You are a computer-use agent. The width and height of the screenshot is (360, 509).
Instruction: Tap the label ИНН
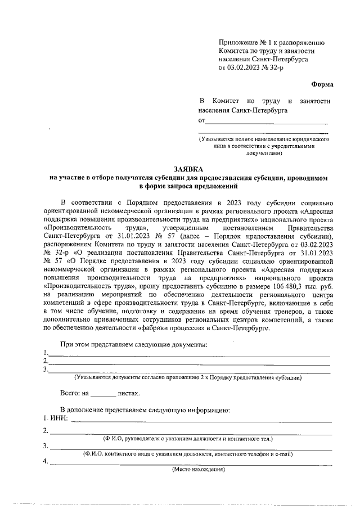[58, 419]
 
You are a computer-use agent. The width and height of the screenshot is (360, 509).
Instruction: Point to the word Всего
[71, 394]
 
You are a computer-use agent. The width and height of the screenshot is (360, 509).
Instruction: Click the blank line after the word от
[267, 121]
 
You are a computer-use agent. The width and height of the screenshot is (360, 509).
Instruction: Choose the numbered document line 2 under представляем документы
[189, 362]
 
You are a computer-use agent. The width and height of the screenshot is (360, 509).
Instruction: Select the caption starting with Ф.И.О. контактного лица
[188, 453]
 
